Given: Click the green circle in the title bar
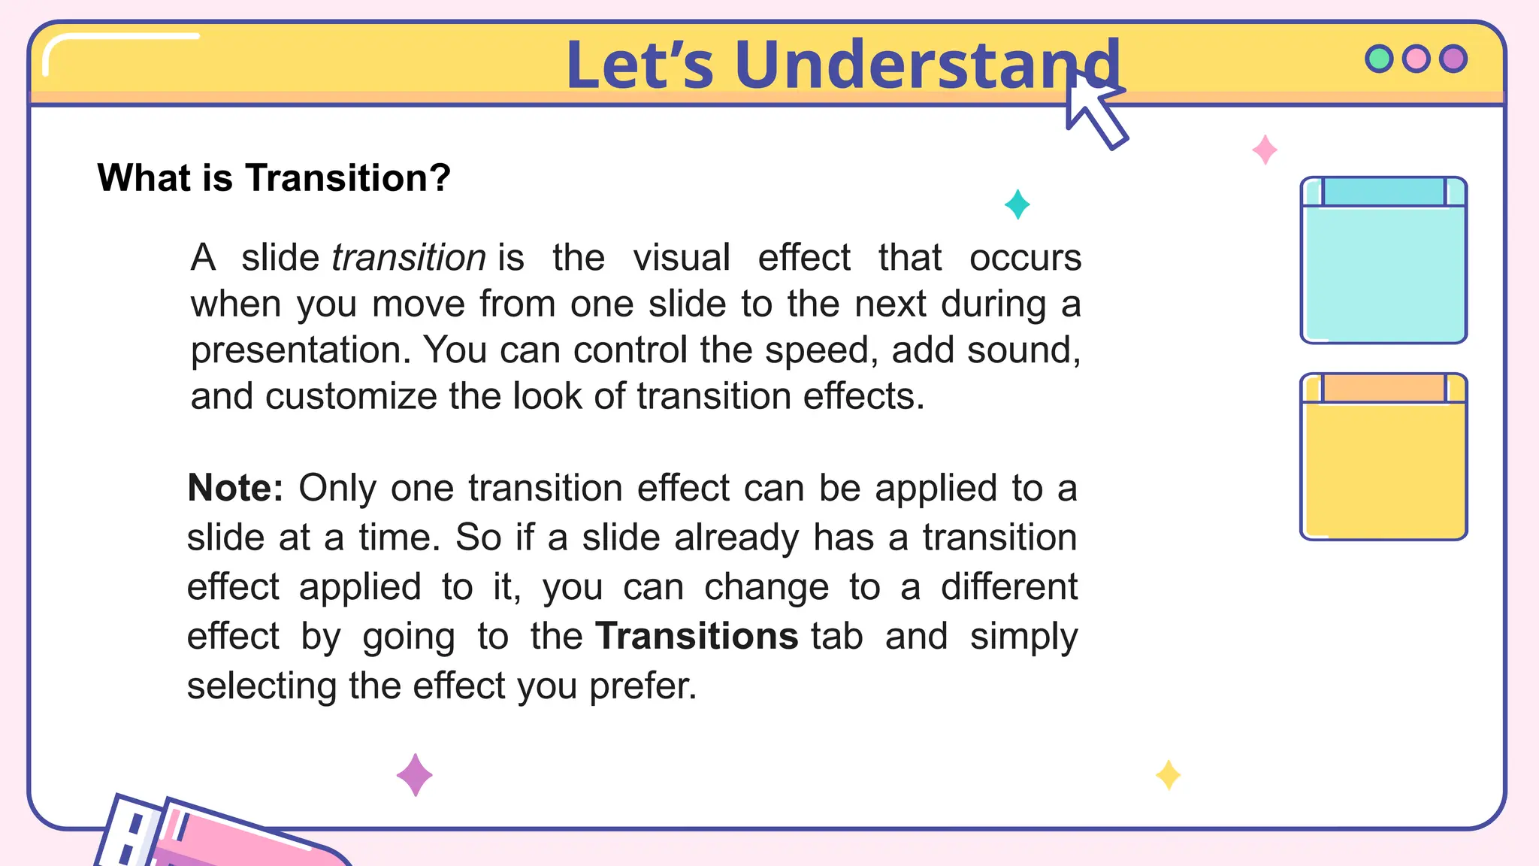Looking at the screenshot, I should tap(1379, 59).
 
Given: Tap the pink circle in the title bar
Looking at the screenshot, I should tap(1417, 59).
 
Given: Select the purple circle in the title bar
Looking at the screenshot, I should tap(1453, 59).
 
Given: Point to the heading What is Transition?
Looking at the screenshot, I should tap(274, 178).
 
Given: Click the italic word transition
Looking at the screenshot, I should tap(409, 258).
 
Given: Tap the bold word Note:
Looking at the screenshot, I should tap(235, 488).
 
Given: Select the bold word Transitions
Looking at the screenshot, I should tap(696, 637).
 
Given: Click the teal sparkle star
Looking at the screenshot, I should tap(1017, 204).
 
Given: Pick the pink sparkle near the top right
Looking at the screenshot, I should tap(1265, 150).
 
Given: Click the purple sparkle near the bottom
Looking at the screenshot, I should tap(415, 775).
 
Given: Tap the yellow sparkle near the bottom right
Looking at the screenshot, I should tap(1168, 775).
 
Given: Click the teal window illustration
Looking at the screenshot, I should tap(1383, 271).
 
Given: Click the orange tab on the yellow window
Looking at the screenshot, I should tap(1383, 388).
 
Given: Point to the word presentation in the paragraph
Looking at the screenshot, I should tap(299, 350).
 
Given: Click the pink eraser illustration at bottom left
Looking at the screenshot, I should tap(240, 838).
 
